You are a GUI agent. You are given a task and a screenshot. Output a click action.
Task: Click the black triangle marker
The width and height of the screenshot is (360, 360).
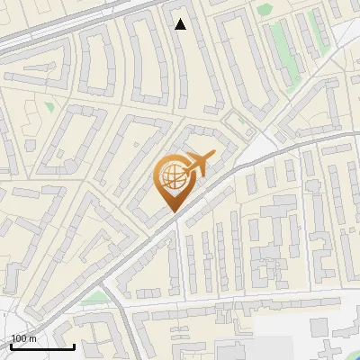coord(181,24)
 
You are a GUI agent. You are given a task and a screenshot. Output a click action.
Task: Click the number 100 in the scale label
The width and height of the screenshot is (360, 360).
coord(19,338)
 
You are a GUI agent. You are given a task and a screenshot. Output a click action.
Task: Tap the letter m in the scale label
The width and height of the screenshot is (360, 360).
coord(34,338)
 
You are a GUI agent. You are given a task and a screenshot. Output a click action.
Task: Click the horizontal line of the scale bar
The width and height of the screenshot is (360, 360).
coord(40,346)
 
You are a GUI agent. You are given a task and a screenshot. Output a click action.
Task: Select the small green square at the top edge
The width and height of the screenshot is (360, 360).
coord(263,9)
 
